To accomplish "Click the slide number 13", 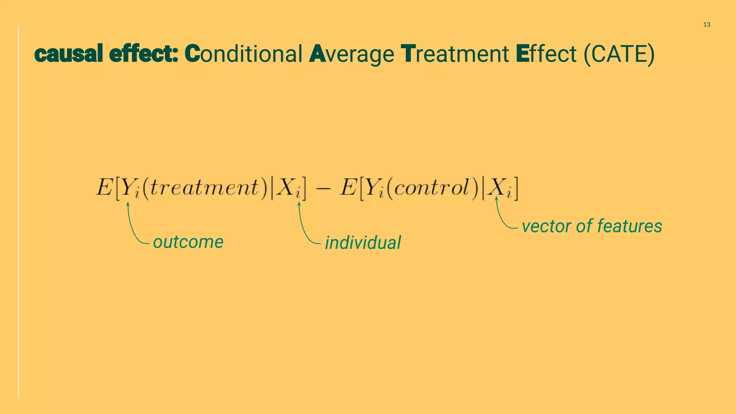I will [x=707, y=24].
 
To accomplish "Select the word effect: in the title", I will [x=143, y=54].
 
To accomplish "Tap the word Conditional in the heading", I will [x=243, y=54].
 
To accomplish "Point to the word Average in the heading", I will [x=351, y=54].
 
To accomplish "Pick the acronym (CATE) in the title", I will [x=619, y=54].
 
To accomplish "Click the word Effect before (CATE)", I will [x=546, y=54].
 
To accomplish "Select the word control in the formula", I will [x=431, y=188].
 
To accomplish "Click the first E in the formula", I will [x=104, y=187].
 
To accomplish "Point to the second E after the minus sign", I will [x=348, y=187].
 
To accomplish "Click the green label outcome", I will [x=188, y=242].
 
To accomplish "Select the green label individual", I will [x=363, y=243].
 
